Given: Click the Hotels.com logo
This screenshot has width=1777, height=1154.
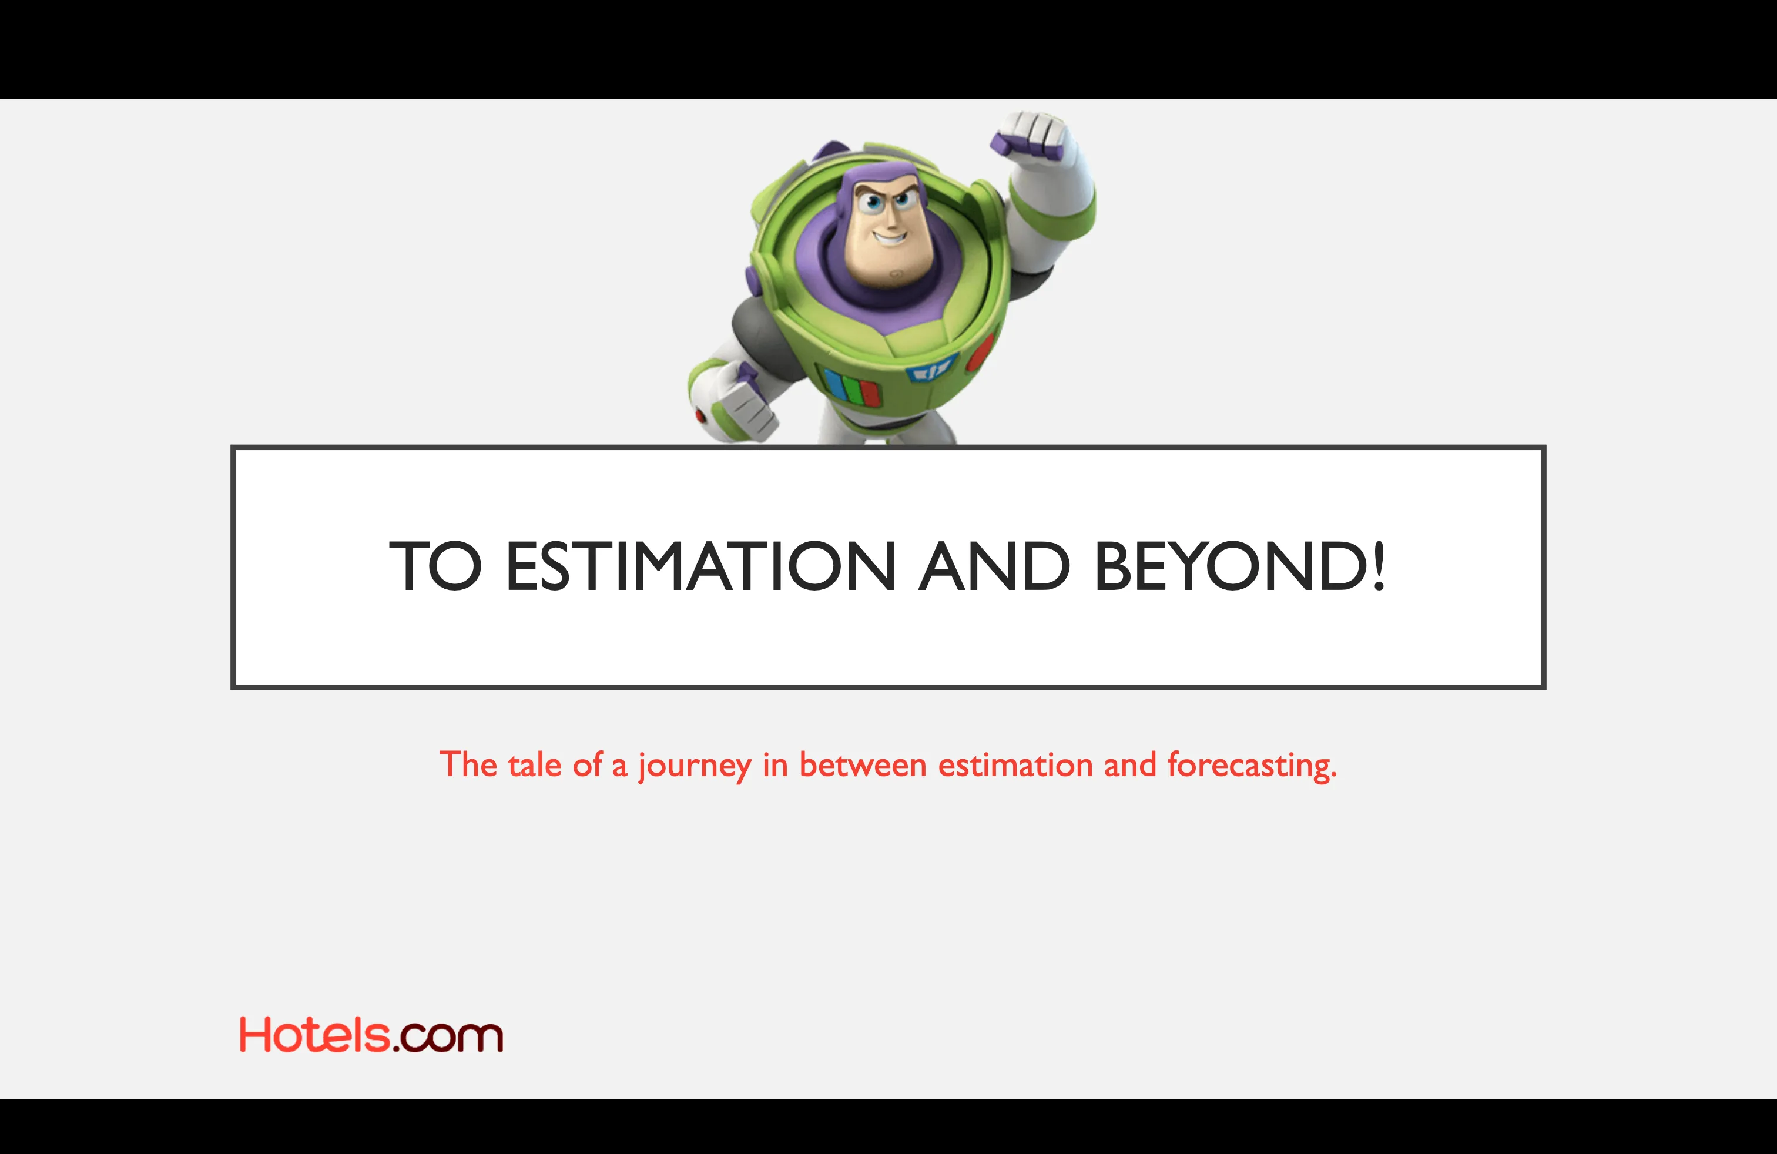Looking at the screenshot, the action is pyautogui.click(x=371, y=1035).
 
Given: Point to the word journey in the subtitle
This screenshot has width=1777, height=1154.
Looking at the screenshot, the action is pyautogui.click(x=695, y=766).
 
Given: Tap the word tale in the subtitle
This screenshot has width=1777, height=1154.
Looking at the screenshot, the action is pyautogui.click(x=535, y=765).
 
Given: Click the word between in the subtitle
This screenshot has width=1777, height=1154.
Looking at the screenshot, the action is pyautogui.click(x=863, y=765).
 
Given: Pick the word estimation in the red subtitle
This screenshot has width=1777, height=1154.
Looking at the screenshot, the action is pyautogui.click(x=1015, y=765).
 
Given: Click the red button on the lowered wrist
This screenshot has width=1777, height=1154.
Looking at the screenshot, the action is pyautogui.click(x=700, y=415).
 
